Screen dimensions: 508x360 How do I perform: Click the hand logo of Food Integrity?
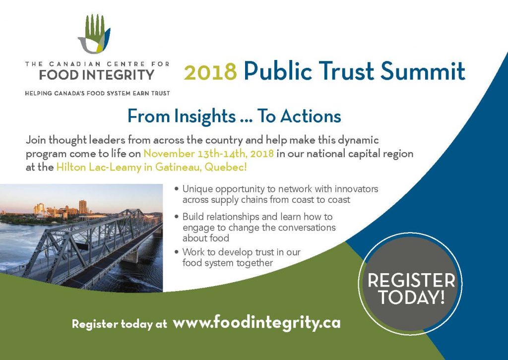click(94, 34)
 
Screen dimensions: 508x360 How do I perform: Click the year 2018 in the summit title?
click(210, 72)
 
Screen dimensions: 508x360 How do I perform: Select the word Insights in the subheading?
click(205, 116)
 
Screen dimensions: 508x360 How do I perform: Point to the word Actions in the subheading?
click(311, 116)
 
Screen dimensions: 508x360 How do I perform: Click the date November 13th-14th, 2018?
click(209, 153)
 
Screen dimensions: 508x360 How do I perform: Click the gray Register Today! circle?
click(410, 284)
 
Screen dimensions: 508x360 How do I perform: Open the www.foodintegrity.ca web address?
click(256, 322)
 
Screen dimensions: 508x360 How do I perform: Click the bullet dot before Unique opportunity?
click(177, 189)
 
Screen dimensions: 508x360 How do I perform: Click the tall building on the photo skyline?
click(83, 207)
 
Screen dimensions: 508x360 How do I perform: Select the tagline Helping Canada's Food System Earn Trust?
click(98, 93)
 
